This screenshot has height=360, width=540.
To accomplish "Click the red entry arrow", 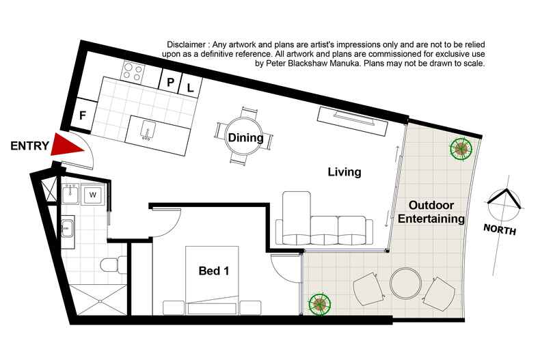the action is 66,146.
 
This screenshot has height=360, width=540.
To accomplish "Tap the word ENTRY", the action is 29,146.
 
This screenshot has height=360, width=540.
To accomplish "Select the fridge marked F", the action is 83,115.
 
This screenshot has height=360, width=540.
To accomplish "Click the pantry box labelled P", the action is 170,82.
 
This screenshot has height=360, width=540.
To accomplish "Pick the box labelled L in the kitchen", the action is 191,87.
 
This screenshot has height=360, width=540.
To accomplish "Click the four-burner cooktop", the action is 133,72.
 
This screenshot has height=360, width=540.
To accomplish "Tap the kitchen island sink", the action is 148,130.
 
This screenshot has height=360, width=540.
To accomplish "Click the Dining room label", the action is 245,138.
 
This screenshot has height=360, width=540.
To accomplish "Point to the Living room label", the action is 345,171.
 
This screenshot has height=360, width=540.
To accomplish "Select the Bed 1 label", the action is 213,271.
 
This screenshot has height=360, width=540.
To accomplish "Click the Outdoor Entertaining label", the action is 431,212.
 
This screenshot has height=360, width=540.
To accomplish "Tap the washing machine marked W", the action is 93,195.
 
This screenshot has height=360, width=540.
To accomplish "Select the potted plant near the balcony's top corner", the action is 461,148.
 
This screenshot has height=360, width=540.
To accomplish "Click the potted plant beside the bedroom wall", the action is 320,304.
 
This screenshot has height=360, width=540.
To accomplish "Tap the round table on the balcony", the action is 406,283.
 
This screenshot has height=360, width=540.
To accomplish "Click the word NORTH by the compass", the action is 500,230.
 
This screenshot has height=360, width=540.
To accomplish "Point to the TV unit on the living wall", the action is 353,120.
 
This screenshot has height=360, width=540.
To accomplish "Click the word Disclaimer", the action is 187,44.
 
